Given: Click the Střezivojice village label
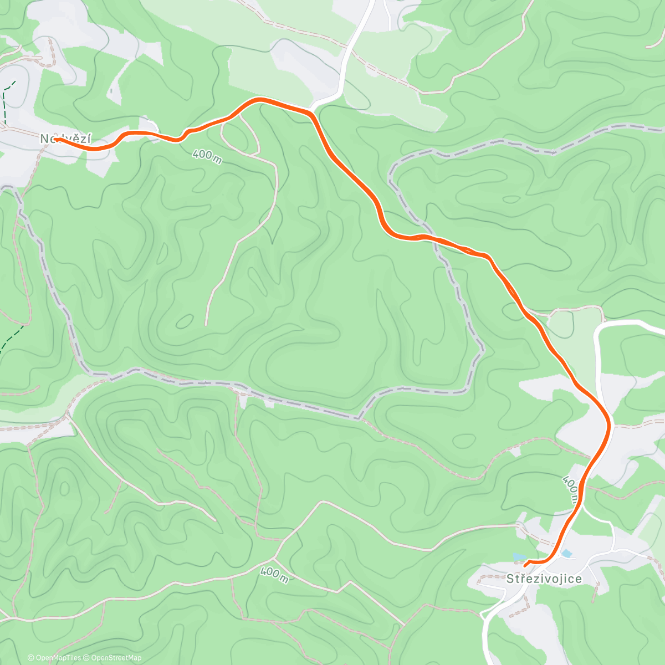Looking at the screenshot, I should point(544,579).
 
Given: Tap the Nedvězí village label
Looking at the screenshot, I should point(66,139).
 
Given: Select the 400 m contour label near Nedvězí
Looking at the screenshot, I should point(207,156).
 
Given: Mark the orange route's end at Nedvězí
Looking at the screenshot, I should point(56,139).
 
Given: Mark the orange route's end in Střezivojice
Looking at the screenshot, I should point(525,564).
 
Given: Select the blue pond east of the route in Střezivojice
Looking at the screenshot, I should point(566,553).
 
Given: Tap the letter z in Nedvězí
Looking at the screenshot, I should point(81,139).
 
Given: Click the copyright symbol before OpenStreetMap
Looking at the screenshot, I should point(86,658).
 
